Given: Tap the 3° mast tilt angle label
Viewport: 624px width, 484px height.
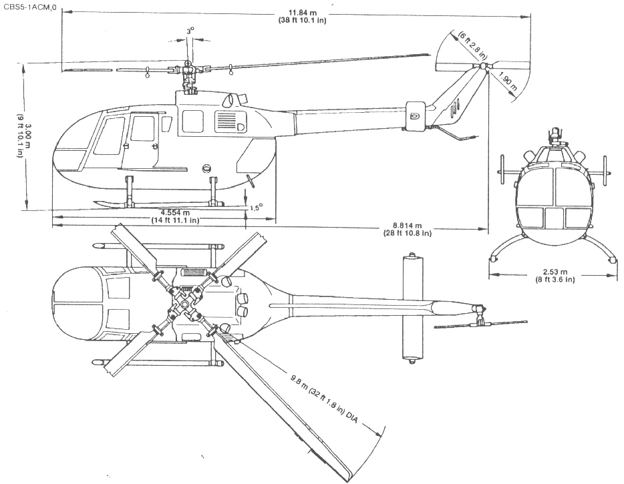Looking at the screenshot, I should (190, 31).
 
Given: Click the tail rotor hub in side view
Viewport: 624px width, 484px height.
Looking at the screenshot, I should (482, 67).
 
